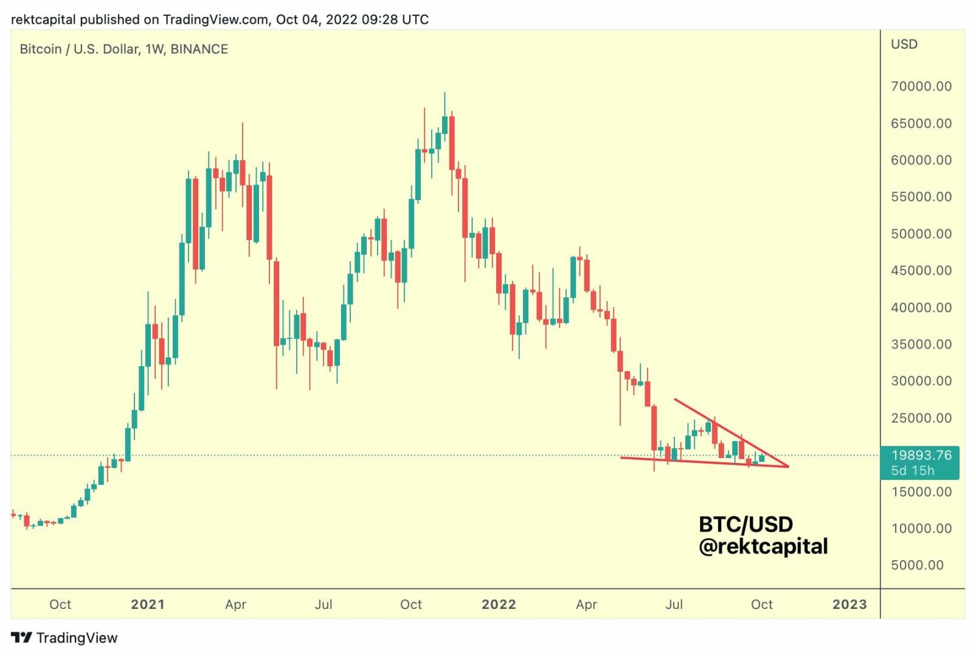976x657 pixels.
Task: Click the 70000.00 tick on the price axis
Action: [x=921, y=86]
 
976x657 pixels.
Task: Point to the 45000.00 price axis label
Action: [x=921, y=271]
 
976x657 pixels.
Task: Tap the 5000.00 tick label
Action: [x=917, y=565]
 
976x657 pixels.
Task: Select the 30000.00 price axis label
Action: [x=921, y=381]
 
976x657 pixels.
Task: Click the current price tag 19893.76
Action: [x=921, y=455]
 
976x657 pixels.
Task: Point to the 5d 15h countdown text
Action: [x=912, y=470]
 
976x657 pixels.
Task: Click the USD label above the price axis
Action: [x=904, y=44]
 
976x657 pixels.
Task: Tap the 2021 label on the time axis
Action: [x=148, y=605]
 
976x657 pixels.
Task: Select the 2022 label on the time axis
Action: [x=499, y=605]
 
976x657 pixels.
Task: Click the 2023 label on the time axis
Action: [x=850, y=605]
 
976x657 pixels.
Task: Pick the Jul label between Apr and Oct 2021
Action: [x=323, y=605]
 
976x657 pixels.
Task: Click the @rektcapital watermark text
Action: [x=763, y=546]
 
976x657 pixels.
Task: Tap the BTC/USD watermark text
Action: [x=746, y=524]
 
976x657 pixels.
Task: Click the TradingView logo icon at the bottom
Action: [x=21, y=638]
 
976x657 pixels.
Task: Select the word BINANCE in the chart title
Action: [x=199, y=49]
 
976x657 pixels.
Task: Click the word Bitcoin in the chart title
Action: [x=40, y=49]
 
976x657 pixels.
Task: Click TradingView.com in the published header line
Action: [x=215, y=19]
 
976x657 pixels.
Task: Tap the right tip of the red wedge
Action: [x=788, y=467]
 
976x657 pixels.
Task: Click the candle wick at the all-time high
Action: [x=445, y=97]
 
